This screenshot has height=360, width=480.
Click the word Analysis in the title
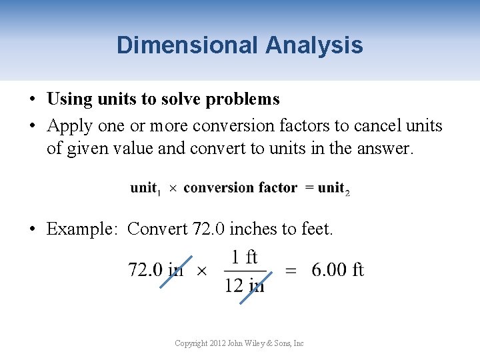(313, 45)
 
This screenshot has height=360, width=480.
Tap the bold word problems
(243, 99)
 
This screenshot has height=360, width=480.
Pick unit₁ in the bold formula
(145, 189)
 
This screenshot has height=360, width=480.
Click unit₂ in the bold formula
(333, 189)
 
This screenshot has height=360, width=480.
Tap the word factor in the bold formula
(275, 188)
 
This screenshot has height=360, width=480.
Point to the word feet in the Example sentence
(316, 229)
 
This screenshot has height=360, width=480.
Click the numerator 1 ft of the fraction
(245, 257)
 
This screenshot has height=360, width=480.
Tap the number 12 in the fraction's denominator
(234, 285)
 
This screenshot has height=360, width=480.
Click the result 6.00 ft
(337, 270)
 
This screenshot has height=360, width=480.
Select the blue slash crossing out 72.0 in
(176, 271)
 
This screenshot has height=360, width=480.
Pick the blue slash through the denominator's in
(253, 287)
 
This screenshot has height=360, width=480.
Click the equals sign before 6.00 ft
(291, 271)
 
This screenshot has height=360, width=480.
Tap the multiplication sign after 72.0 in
(201, 271)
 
